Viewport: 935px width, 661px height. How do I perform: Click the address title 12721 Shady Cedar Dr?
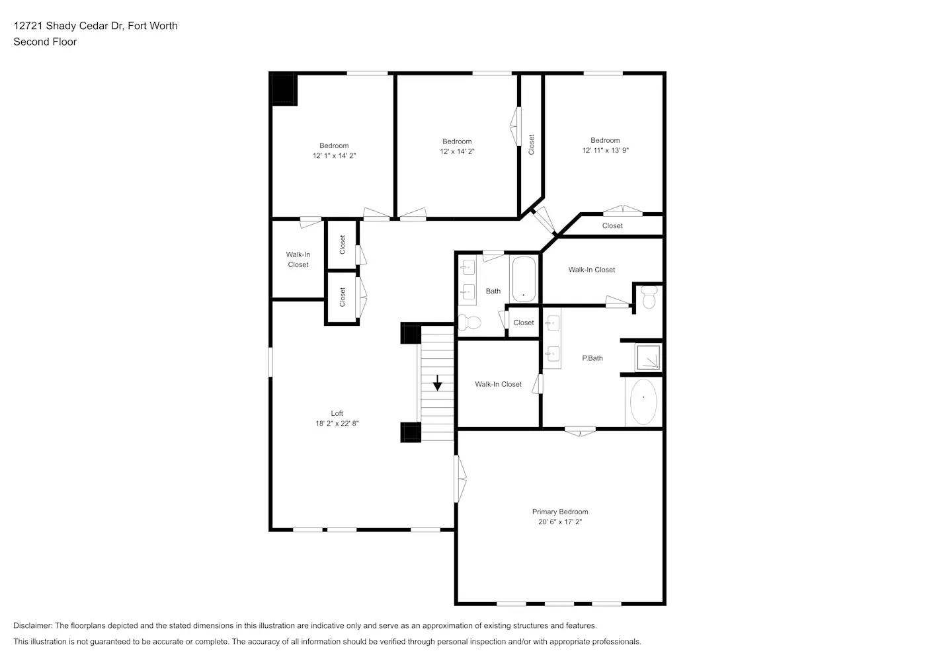point(95,26)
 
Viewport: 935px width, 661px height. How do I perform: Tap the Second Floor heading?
point(45,42)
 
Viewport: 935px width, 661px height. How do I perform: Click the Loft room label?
point(337,413)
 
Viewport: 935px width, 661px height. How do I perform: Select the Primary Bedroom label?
point(559,512)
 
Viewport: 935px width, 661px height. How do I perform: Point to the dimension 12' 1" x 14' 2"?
point(334,156)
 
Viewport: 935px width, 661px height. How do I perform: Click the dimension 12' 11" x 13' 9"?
point(605,151)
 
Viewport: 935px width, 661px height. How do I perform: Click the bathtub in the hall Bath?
point(523,279)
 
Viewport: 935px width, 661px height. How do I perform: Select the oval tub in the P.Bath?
point(643,401)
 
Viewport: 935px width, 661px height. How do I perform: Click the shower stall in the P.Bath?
point(647,357)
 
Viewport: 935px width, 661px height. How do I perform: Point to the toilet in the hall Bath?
point(470,323)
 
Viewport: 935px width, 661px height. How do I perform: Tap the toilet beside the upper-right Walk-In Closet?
point(649,297)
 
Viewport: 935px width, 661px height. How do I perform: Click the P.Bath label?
point(592,358)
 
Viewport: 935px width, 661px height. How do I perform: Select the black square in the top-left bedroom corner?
point(284,89)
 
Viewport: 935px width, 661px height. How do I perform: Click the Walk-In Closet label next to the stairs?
point(498,384)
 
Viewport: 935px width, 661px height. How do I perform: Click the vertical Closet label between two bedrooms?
point(531,145)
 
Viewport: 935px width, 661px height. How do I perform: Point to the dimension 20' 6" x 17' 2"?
point(559,522)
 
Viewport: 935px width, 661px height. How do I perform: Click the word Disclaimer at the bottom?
point(32,625)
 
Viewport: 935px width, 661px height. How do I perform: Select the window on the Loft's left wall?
point(270,362)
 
